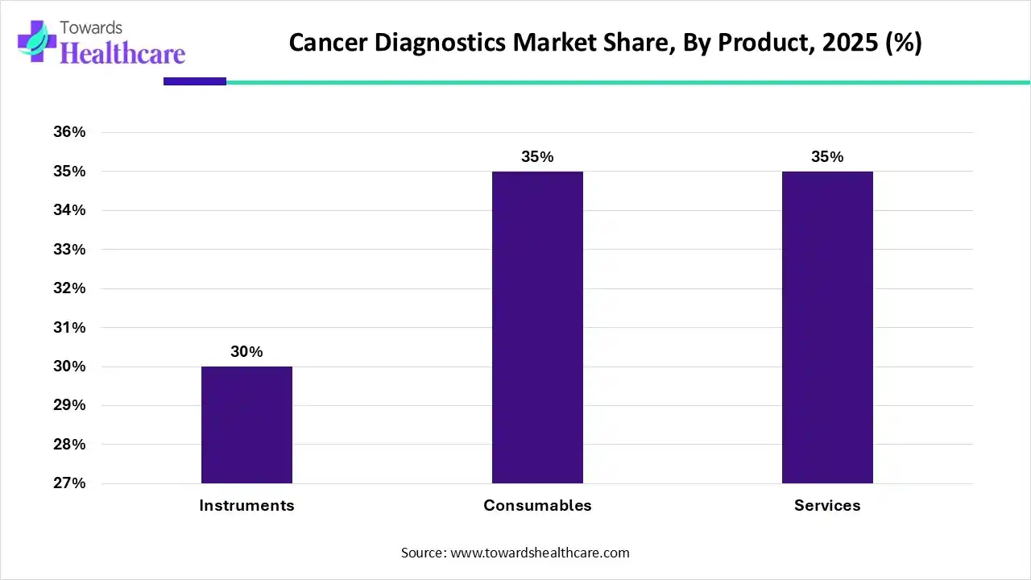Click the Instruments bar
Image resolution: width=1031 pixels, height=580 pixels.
pyautogui.click(x=246, y=425)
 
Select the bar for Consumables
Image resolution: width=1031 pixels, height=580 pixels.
pyautogui.click(x=537, y=327)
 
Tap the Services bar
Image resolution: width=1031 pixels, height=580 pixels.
pyautogui.click(x=827, y=327)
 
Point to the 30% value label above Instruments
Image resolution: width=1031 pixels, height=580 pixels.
pyautogui.click(x=246, y=352)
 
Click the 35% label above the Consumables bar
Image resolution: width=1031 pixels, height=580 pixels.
pyautogui.click(x=537, y=157)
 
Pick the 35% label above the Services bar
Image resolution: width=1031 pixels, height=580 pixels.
pyautogui.click(x=827, y=157)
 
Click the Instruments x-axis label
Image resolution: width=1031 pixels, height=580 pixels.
pyautogui.click(x=246, y=506)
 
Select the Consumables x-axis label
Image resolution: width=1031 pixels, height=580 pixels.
pyautogui.click(x=537, y=506)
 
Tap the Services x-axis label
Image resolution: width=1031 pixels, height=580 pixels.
pyautogui.click(x=827, y=506)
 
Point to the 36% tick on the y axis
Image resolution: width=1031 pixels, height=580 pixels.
pyautogui.click(x=69, y=132)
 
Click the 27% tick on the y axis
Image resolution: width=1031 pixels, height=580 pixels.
pyautogui.click(x=69, y=483)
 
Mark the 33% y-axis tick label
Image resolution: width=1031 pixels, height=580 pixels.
pyautogui.click(x=69, y=250)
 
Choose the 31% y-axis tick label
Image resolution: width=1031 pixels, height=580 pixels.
pyautogui.click(x=69, y=328)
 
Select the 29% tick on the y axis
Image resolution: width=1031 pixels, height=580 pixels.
pyautogui.click(x=69, y=405)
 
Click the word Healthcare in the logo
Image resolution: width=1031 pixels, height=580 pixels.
pyautogui.click(x=122, y=53)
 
